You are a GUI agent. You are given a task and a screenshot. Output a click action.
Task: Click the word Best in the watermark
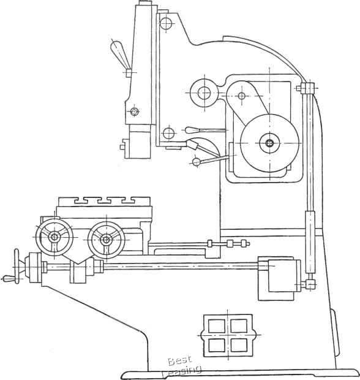pos(179,360)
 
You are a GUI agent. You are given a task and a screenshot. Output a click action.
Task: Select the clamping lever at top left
pos(121,55)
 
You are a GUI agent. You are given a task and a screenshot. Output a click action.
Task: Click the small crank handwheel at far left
pos(17,266)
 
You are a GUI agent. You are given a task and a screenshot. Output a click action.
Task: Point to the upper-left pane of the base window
pos(217,326)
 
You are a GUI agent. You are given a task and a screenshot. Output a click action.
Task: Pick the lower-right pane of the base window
pos(239,345)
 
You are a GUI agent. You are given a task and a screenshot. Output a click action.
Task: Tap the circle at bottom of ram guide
pos(168,133)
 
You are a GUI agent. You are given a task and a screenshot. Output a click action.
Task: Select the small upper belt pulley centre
pos(241,96)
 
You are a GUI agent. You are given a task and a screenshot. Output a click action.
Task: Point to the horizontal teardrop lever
pos(205,131)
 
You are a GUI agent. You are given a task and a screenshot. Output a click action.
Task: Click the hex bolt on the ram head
pos(134,112)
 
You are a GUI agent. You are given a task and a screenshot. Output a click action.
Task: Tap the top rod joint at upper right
pos(307,88)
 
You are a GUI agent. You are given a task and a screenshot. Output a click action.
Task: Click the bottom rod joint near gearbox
pos(310,284)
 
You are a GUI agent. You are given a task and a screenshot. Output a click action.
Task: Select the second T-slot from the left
pos(103,201)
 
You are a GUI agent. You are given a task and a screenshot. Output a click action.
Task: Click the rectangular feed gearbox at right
pos(279,278)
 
